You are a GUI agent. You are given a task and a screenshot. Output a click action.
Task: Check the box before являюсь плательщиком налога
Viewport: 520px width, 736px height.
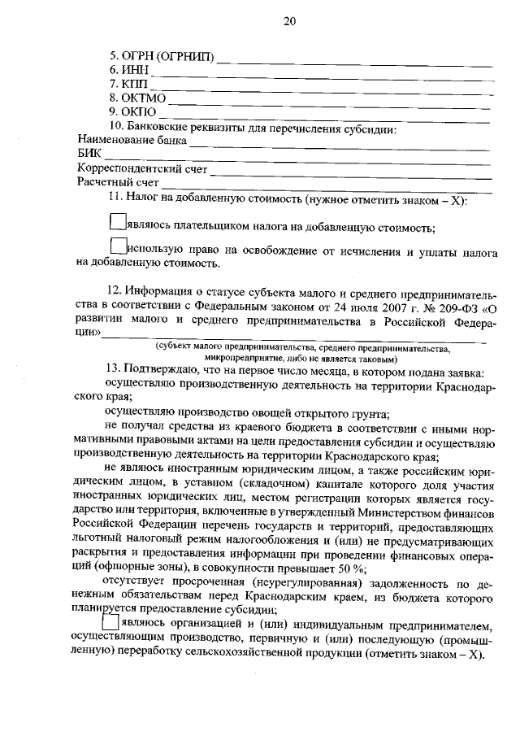(118, 220)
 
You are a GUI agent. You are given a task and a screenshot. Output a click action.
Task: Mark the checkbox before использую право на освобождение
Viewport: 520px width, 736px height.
(118, 244)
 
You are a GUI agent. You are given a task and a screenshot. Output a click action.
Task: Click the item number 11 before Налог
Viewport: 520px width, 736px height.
(115, 198)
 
